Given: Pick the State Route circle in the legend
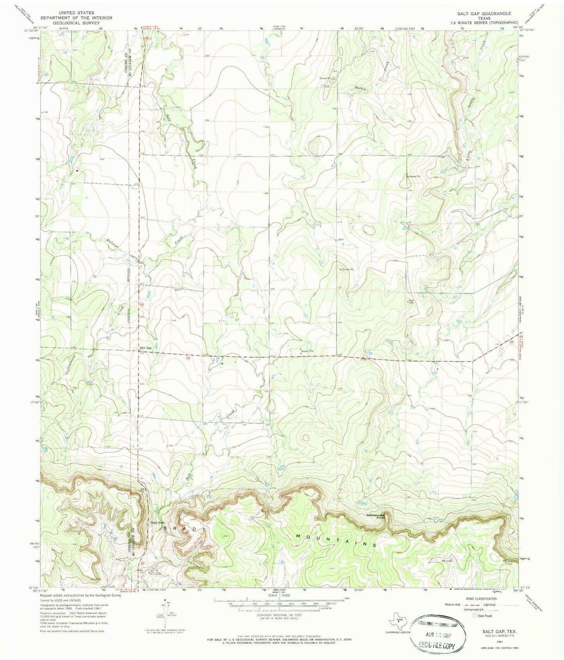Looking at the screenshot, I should click(x=475, y=616).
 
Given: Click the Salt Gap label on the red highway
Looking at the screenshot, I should click(x=146, y=348).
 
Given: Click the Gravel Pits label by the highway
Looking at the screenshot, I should click(x=308, y=351).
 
